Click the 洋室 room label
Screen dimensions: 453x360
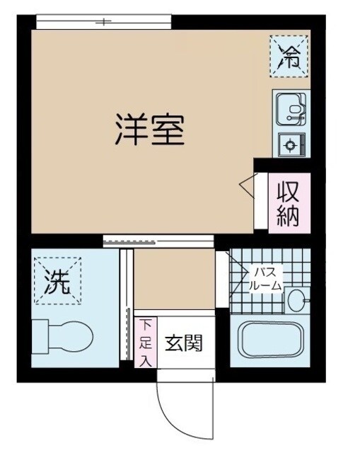[149, 130]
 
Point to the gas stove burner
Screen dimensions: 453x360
[289, 145]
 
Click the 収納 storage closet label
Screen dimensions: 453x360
[289, 203]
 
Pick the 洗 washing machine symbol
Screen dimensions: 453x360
[58, 282]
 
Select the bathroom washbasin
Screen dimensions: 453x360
[296, 300]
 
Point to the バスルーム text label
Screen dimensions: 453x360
[265, 279]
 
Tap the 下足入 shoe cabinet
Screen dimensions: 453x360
[144, 342]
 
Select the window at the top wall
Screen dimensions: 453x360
[105, 23]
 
